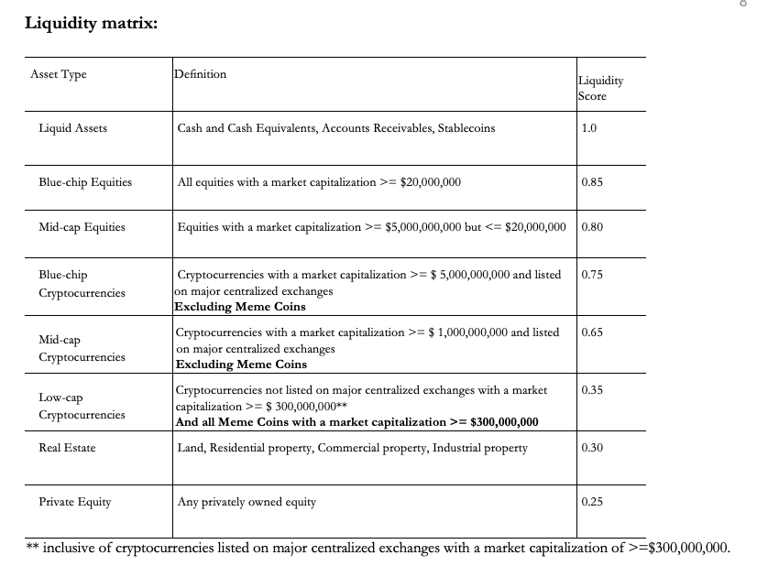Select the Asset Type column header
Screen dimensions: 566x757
(x=59, y=74)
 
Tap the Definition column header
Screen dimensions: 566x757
(x=201, y=73)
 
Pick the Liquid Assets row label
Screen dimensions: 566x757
(x=72, y=128)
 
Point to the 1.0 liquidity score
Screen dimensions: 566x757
(x=589, y=128)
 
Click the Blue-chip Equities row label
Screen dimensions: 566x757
(x=85, y=182)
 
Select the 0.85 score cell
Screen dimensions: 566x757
(x=592, y=182)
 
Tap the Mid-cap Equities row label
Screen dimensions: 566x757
(x=82, y=226)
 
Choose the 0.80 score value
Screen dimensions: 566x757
(x=592, y=226)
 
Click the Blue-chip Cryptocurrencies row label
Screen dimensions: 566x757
(x=81, y=284)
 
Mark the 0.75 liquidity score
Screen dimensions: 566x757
(x=592, y=275)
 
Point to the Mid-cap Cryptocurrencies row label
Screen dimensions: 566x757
(x=82, y=348)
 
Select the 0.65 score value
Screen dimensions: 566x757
(x=592, y=332)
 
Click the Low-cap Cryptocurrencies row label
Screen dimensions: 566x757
(x=82, y=406)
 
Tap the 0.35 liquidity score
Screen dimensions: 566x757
(x=592, y=390)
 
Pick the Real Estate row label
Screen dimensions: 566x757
(x=67, y=448)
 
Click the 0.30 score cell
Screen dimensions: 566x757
(x=592, y=448)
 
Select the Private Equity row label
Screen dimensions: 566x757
(x=74, y=502)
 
